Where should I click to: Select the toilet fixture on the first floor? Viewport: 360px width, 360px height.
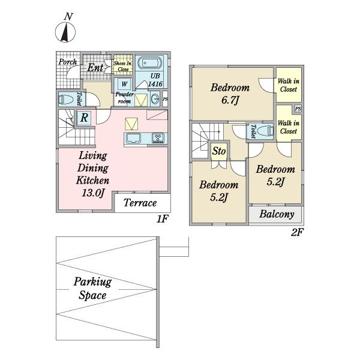[65, 99]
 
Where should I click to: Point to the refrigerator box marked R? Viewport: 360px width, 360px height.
[84, 118]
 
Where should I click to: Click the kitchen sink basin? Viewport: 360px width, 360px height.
[133, 138]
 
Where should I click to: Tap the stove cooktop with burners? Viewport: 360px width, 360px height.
[158, 138]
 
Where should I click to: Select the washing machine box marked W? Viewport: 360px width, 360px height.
[124, 83]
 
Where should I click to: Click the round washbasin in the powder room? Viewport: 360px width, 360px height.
[155, 99]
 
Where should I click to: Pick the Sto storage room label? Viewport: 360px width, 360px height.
[219, 151]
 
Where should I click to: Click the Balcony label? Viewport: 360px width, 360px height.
[277, 214]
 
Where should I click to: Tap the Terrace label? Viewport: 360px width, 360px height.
[140, 203]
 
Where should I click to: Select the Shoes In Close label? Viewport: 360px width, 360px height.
[123, 66]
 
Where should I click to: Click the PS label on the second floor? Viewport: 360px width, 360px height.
[298, 109]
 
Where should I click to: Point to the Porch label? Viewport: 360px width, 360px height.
[68, 62]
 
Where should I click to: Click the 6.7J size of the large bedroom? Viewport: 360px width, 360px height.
[230, 100]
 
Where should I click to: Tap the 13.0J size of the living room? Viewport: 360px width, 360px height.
[93, 193]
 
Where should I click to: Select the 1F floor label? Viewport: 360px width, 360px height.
[163, 219]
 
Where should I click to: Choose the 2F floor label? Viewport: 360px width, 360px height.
[297, 233]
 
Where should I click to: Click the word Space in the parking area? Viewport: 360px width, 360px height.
[92, 295]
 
